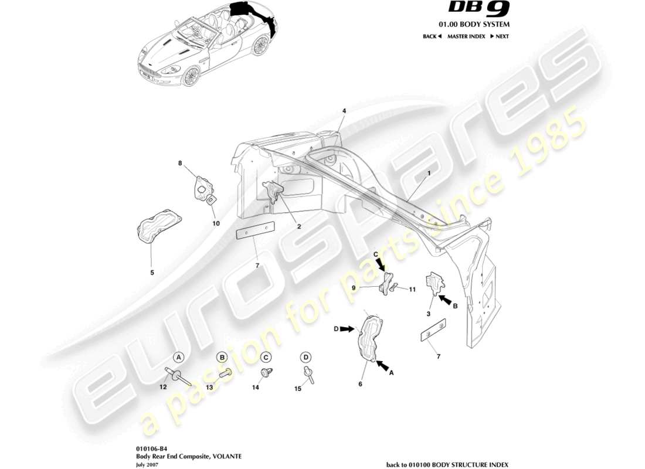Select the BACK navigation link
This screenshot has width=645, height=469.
(432, 36)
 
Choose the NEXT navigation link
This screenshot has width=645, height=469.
(500, 36)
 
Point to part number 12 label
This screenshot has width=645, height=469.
(164, 388)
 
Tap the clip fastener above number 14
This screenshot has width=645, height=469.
(266, 372)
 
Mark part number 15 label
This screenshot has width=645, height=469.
(298, 388)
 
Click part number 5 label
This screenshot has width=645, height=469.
(152, 272)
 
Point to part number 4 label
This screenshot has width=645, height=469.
(344, 110)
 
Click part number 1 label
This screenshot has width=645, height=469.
(429, 174)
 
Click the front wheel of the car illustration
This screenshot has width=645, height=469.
(190, 77)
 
